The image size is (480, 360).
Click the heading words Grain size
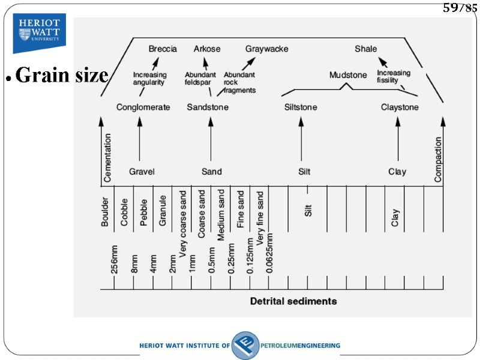tap(61, 76)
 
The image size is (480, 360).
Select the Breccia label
tap(163, 49)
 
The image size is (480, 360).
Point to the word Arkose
tap(207, 49)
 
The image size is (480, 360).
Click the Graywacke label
tap(266, 49)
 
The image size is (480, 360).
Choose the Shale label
tap(365, 49)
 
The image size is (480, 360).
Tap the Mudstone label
tap(348, 75)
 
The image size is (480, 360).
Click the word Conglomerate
tap(143, 107)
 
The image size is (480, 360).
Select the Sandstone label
tap(208, 107)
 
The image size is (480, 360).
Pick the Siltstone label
tap(301, 107)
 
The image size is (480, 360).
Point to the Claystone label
tap(400, 107)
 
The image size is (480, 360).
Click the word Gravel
tap(142, 172)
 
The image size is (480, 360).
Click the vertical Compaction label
tap(438, 159)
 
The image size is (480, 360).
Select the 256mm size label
tap(115, 259)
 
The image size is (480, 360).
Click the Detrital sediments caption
tap(293, 301)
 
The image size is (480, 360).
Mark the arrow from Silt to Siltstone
tap(301, 140)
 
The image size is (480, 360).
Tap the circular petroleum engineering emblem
tap(245, 346)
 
